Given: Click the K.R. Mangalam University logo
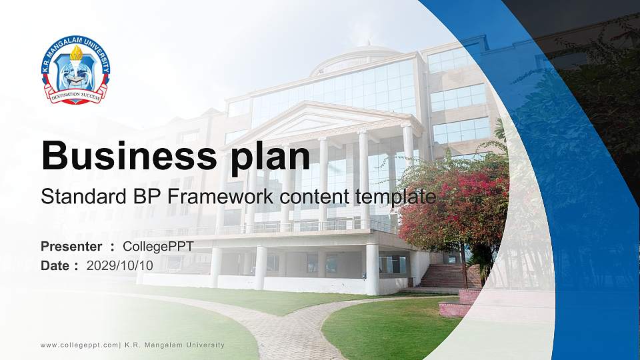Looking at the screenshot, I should pyautogui.click(x=75, y=71).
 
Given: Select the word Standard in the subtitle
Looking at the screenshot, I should pyautogui.click(x=74, y=197).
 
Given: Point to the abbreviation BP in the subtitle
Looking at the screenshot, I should pyautogui.click(x=126, y=197).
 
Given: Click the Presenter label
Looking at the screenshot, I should pyautogui.click(x=71, y=247).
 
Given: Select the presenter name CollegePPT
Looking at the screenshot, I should pyautogui.click(x=158, y=247).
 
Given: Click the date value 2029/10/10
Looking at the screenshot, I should pyautogui.click(x=120, y=265).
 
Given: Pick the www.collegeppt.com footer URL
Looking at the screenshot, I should pyautogui.click(x=79, y=345).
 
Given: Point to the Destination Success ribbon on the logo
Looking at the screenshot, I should pyautogui.click(x=75, y=95).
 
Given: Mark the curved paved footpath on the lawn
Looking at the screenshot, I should pyautogui.click(x=280, y=327).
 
